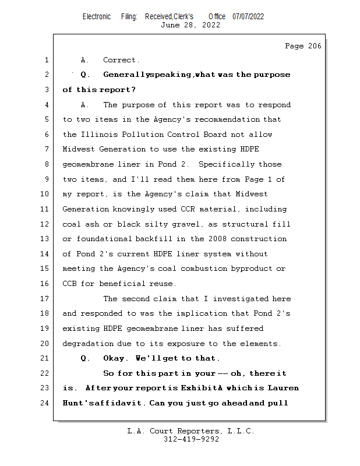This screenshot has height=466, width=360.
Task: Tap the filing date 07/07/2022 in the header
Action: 248,16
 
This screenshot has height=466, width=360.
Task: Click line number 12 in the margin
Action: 46,224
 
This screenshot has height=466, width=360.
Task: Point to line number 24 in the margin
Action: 46,403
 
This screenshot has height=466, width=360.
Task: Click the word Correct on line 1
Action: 121,60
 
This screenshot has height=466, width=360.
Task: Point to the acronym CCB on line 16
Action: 69,284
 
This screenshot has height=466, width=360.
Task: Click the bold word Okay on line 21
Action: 115,358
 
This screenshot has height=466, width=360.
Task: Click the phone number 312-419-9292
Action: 192,439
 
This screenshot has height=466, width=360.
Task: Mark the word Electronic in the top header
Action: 97,16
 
